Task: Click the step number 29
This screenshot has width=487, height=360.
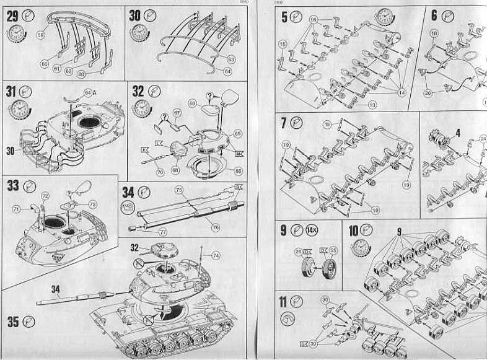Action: click(12, 16)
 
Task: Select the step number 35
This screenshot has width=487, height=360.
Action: click(13, 322)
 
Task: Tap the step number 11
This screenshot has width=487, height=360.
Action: click(283, 302)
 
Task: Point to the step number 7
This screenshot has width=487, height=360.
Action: click(283, 123)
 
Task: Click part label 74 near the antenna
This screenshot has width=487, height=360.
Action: click(216, 255)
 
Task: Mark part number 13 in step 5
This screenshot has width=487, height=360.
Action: click(372, 105)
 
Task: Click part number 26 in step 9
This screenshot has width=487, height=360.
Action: click(298, 251)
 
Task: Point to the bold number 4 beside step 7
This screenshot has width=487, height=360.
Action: click(458, 132)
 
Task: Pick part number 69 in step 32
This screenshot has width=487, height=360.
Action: click(192, 102)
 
